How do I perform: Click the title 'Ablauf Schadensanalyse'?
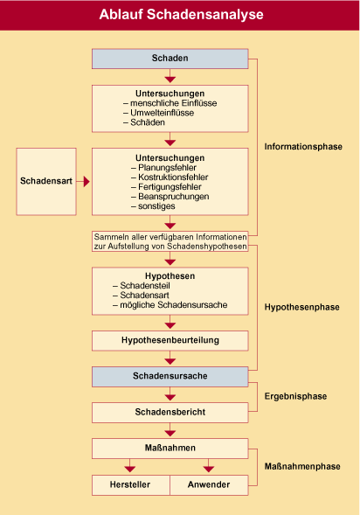pos(181,15)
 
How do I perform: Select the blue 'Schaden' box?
pos(170,59)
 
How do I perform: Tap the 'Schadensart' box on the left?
pos(46,182)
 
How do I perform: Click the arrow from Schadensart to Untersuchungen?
pos(83,181)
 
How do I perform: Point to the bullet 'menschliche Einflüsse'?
pos(170,103)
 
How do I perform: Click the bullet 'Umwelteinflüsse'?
pos(158,113)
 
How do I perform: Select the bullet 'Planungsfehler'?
pos(163,168)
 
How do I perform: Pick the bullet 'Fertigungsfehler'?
pos(166,187)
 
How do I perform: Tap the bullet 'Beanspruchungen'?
pos(170,197)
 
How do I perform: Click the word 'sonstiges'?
pos(156,206)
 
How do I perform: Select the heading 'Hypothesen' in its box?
pos(170,276)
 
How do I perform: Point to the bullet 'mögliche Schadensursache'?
pos(170,305)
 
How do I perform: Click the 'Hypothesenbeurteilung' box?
pos(170,341)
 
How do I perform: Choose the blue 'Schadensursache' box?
pos(170,377)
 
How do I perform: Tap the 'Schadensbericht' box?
pos(170,413)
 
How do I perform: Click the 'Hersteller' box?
pos(131,484)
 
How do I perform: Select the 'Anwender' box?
pos(209,484)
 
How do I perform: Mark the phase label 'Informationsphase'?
pos(303,147)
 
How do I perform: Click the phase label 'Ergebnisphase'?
pos(295,396)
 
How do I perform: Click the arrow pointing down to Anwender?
pos(208,466)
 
